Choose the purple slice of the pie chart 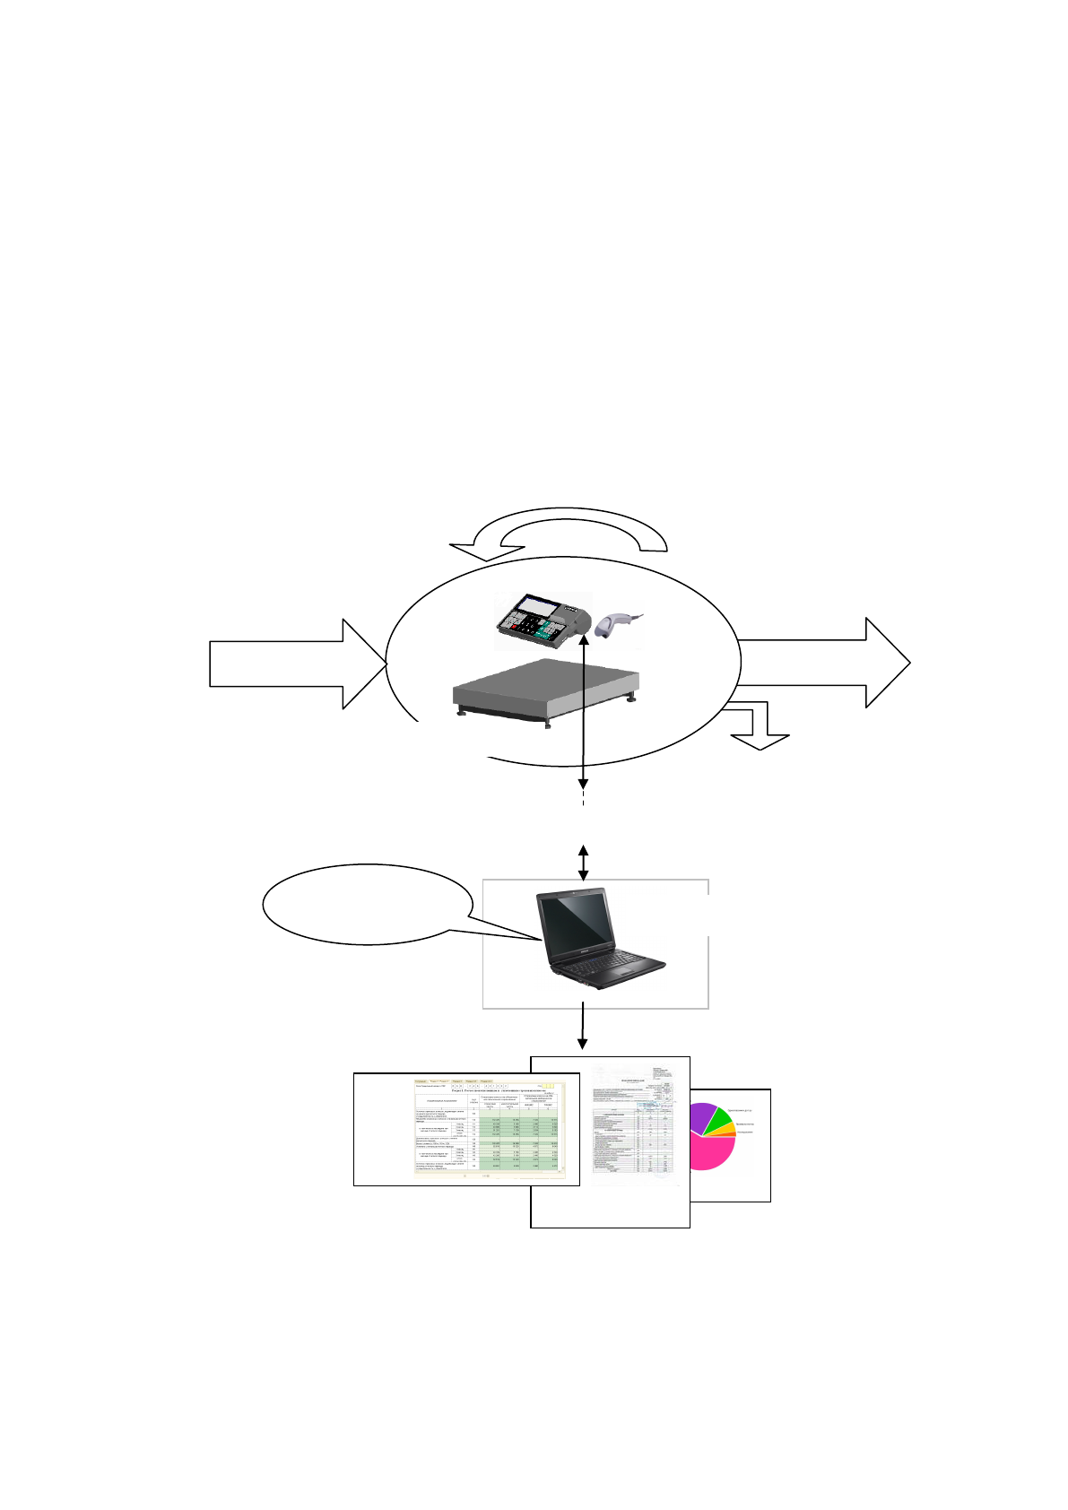pyautogui.click(x=700, y=1116)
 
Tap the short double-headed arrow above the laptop pyautogui.click(x=583, y=862)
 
